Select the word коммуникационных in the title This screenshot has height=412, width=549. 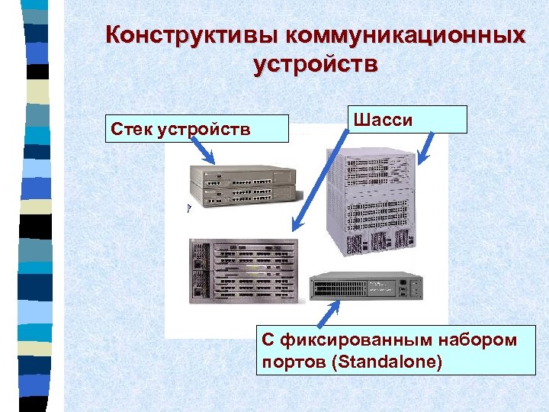[405, 35]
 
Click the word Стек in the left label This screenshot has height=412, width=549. [131, 128]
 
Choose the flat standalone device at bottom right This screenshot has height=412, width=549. [367, 287]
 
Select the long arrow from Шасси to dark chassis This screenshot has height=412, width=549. [317, 182]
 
